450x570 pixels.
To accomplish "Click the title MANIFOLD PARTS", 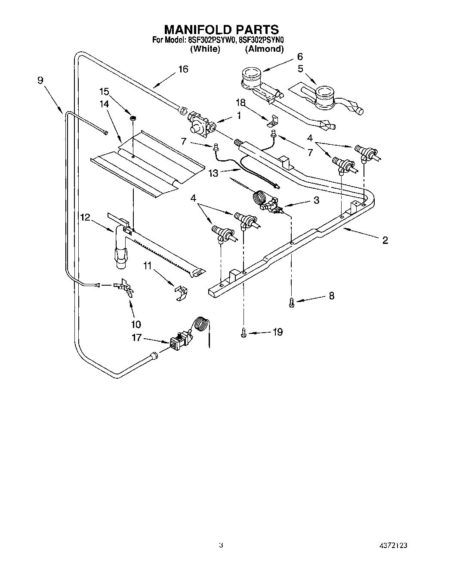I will pos(222,29).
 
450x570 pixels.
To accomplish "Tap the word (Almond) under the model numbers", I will pos(264,49).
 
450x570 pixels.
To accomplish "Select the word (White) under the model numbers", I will pos(205,49).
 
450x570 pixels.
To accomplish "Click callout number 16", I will pos(183,69).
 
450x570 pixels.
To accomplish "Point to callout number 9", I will pos(40,80).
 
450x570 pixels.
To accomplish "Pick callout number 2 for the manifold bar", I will pos(385,240).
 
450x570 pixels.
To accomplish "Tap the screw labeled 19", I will pos(243,332).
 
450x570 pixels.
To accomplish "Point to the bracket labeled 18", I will pos(272,122).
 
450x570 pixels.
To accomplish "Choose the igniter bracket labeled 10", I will pos(125,288).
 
